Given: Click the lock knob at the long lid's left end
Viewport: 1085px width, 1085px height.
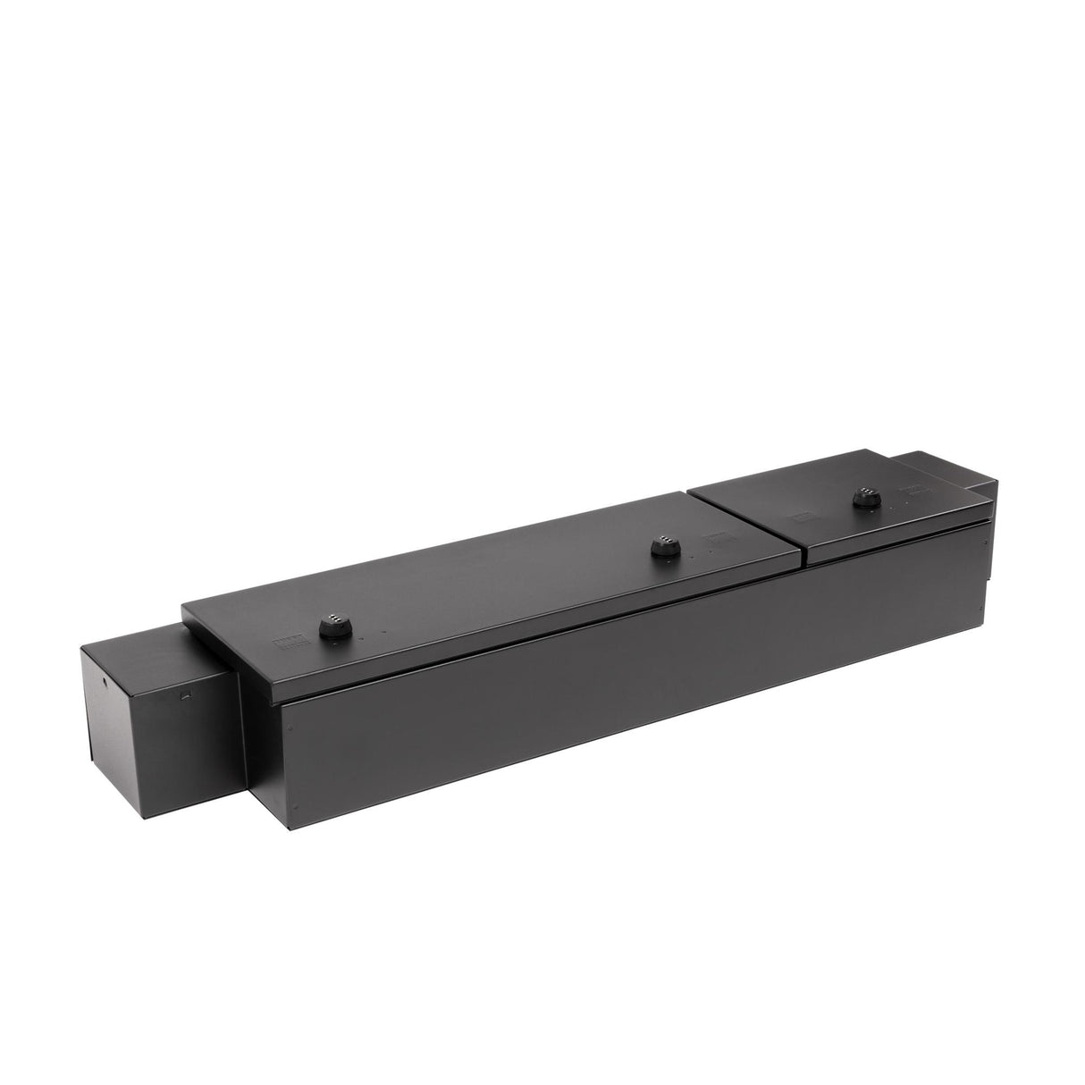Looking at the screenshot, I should tap(332, 624).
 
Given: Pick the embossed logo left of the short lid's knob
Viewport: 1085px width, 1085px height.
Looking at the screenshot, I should tap(799, 516).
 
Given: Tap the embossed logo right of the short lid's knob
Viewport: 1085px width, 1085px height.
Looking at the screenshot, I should tap(911, 489).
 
